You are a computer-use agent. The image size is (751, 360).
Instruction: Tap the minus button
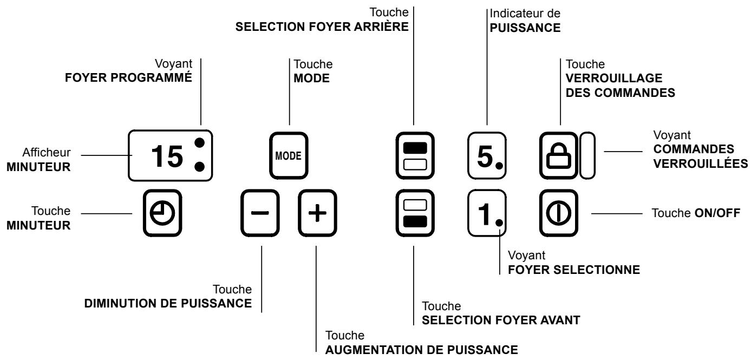(x=260, y=213)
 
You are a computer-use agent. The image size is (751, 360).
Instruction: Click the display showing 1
(x=486, y=213)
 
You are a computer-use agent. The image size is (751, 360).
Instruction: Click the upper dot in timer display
(x=200, y=143)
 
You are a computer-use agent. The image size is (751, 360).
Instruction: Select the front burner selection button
(x=414, y=213)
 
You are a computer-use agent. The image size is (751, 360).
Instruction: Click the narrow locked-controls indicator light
(x=587, y=157)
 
